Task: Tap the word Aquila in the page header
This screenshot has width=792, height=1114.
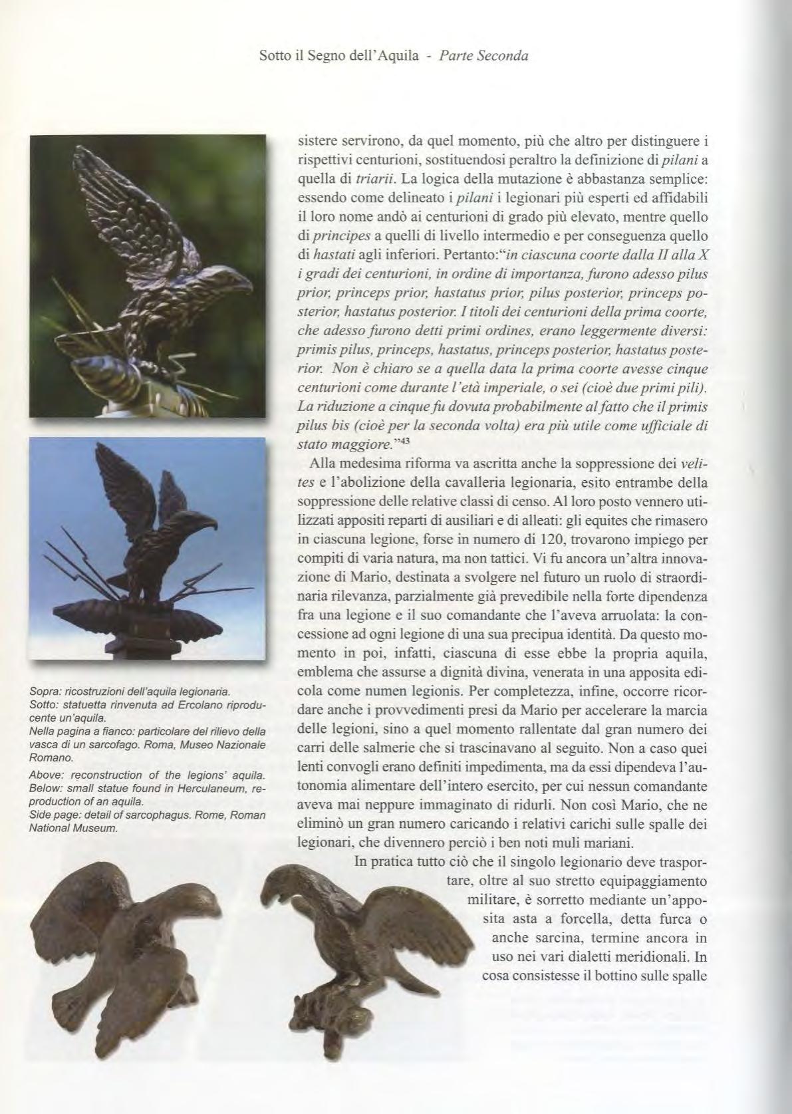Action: click(398, 57)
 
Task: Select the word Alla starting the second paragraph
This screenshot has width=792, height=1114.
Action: click(321, 462)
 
